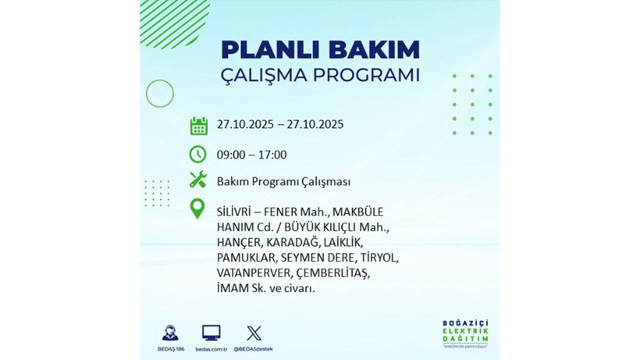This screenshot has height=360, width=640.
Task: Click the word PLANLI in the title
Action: [x=262, y=49]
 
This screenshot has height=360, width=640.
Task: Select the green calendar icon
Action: [x=198, y=125]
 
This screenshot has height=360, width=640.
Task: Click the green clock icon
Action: [x=198, y=154]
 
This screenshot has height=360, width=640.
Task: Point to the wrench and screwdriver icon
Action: [x=198, y=180]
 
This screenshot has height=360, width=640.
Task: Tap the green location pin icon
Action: [x=198, y=209]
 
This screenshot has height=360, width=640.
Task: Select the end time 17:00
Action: [x=272, y=155]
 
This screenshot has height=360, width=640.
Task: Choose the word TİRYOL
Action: [x=378, y=258]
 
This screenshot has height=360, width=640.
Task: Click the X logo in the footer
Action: [x=253, y=333]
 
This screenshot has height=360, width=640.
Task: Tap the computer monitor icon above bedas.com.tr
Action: [x=211, y=333]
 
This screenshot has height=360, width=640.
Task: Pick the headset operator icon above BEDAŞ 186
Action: [x=169, y=333]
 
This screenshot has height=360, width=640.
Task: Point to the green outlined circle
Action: [x=160, y=94]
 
